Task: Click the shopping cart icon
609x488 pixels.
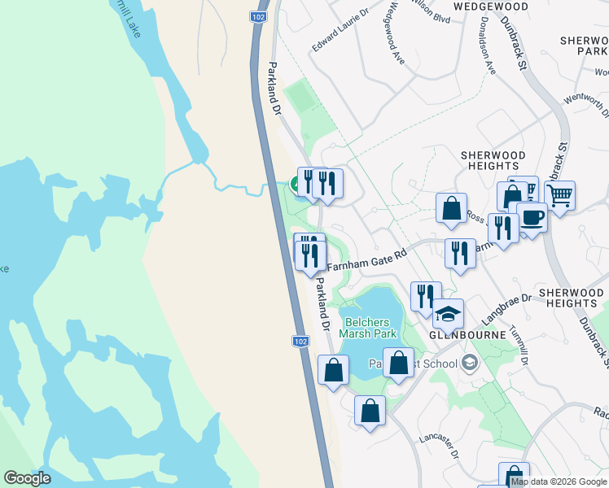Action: (x=559, y=195)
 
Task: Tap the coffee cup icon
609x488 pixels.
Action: (x=532, y=218)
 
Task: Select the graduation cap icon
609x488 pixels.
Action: (x=448, y=313)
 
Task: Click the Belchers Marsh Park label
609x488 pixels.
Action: (x=369, y=327)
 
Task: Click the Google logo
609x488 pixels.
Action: (x=27, y=478)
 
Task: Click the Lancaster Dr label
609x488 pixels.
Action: (x=440, y=447)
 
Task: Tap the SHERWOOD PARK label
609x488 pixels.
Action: (x=585, y=46)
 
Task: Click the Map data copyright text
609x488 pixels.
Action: (x=559, y=481)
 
